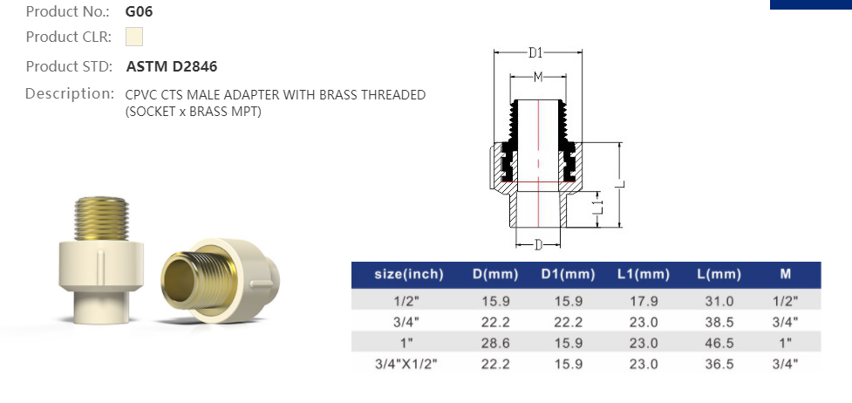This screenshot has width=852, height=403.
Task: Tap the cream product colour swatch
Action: (133, 37)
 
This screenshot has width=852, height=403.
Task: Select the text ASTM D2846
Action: (172, 66)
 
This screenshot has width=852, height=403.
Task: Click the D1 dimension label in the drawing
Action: (536, 52)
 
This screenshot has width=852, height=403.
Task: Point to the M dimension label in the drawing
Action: (538, 78)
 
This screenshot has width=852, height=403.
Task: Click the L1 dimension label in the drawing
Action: (597, 208)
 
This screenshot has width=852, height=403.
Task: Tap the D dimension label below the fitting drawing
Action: (539, 243)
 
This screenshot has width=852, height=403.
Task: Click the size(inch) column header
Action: (408, 274)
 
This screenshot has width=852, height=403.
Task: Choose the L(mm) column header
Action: (719, 274)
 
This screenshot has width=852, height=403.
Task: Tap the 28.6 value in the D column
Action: (495, 343)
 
